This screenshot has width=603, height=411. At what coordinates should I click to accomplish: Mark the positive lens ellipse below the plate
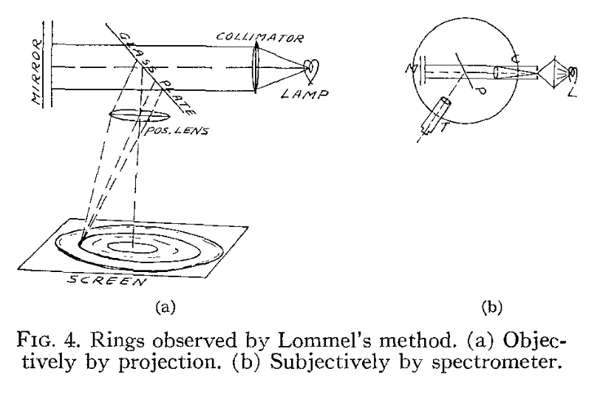[137, 116]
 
